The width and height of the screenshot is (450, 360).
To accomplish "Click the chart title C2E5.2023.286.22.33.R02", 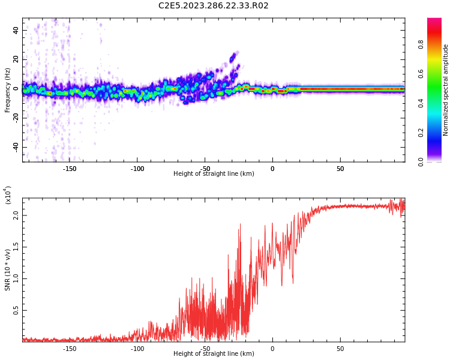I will point(213,6).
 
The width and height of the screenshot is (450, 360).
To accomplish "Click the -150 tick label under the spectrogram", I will point(69,169).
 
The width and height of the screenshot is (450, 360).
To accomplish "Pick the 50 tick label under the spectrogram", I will point(340,169).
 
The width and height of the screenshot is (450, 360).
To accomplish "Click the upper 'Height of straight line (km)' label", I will point(214,174).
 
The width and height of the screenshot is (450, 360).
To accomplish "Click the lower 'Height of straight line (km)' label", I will point(214,354).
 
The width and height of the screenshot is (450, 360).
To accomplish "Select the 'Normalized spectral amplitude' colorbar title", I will point(446,90).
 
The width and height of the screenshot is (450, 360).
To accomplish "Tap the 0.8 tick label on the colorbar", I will point(421,44).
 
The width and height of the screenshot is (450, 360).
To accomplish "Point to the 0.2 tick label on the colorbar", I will point(421,133).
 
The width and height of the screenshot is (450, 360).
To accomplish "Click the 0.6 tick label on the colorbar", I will point(421,74).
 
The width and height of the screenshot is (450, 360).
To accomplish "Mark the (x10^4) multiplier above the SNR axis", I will point(8,196).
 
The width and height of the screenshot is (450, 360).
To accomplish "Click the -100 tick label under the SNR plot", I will point(137,349).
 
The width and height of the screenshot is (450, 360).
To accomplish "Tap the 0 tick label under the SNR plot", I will point(272,349).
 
